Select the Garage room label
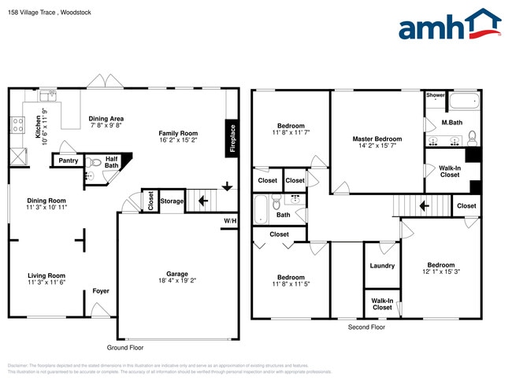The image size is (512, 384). point(176,274)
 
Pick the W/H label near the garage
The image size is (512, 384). point(229,220)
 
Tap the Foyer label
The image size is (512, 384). point(101,291)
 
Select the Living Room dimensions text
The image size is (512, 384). point(46,282)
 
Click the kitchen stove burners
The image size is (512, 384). point(17,124)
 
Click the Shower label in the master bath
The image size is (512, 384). point(435,95)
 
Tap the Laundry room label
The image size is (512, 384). point(382,265)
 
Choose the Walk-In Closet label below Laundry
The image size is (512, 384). point(382,303)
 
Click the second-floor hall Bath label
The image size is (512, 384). point(283,214)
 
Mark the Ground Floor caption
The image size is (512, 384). point(125,346)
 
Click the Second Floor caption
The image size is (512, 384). point(366,327)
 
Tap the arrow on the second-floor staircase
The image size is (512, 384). point(423,206)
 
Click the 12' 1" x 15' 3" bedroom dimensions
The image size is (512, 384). point(440,272)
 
